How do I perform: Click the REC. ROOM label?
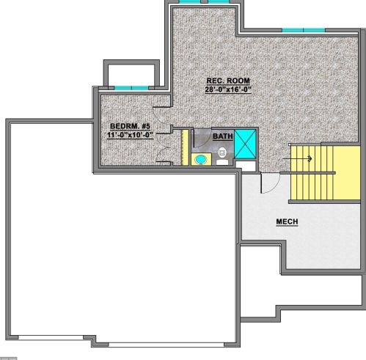point(228,81)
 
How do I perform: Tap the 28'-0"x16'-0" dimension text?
point(228,89)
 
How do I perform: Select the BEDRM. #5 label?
point(130,126)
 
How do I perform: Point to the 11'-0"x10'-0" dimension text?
point(130,135)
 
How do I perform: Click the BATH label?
point(223,136)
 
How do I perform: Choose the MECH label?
point(287,221)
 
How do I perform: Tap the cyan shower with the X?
point(245,144)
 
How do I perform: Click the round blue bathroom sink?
point(201,160)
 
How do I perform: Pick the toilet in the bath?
point(222,156)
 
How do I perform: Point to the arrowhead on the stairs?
point(310,158)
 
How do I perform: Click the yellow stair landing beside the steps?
point(347,173)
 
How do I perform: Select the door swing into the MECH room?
point(270,183)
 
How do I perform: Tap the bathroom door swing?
point(201,138)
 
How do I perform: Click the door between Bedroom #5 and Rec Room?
point(161,116)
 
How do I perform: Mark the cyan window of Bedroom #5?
point(131,88)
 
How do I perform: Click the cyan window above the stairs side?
point(304,30)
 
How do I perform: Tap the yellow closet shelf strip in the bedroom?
point(185,147)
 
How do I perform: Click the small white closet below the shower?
point(246,166)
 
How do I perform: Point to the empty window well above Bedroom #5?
point(131,75)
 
